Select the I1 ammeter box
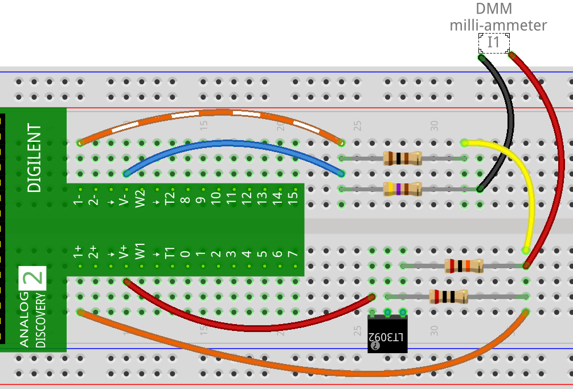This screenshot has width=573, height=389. [x=494, y=43]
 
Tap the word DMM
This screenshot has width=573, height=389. [x=494, y=9]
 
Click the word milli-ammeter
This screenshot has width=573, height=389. [x=498, y=26]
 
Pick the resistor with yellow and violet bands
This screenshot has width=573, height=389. [x=402, y=189]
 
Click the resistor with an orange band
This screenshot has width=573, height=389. [x=464, y=266]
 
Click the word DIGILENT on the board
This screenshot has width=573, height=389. [x=34, y=158]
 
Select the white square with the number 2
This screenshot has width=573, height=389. [x=32, y=278]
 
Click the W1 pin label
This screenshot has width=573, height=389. [x=140, y=251]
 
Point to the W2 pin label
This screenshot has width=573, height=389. [x=140, y=199]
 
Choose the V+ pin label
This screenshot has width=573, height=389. [x=124, y=252]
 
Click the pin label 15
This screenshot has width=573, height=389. [x=293, y=197]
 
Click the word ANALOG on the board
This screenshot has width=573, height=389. [x=24, y=320]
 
